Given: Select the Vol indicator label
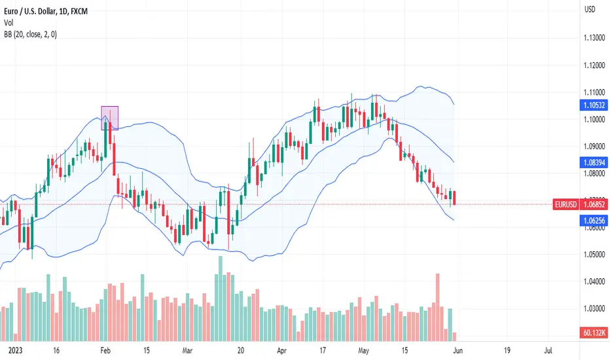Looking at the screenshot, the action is coord(9,22).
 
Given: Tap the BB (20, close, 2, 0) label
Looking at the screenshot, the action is coord(30,34).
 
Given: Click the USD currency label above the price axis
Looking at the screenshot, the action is coord(590,9).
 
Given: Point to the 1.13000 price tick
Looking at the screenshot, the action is coord(594,38).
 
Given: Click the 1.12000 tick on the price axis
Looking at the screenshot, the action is coord(594,65).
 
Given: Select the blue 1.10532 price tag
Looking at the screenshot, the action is coord(594,105).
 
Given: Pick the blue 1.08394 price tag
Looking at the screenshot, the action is coord(594,162).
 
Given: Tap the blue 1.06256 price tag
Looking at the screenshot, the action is coord(594,221).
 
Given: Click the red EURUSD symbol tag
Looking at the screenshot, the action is coord(565,204).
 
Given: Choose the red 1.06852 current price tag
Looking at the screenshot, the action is coord(594,204).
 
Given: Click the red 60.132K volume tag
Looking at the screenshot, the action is coord(594,333).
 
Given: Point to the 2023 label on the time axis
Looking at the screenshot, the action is coord(15,351).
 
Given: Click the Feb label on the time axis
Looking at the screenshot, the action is coord(105,351).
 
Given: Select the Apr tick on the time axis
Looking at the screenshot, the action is coord(281,351).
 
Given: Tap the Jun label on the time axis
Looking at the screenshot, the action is coord(458,351).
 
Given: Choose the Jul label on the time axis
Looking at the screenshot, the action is coord(548,351).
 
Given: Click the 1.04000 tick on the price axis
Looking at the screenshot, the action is coord(594,281).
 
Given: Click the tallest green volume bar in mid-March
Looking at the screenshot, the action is coord(221,298).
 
